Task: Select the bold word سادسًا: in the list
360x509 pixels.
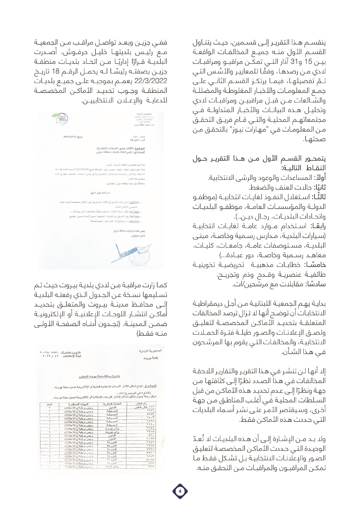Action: (316, 284)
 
